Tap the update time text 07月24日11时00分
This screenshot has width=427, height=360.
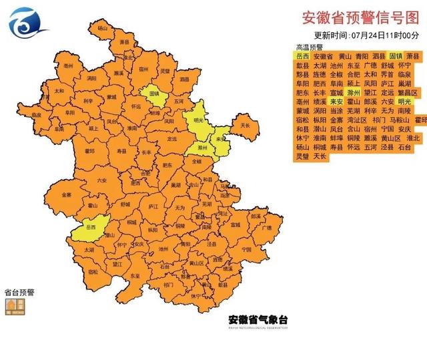(x=386, y=35)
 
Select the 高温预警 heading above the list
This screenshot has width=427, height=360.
(x=309, y=47)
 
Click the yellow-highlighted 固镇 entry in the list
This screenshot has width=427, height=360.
(x=396, y=57)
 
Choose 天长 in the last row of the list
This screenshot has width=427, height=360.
(x=320, y=156)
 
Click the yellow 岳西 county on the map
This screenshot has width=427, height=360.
(x=92, y=228)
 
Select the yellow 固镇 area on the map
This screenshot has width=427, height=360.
(x=155, y=94)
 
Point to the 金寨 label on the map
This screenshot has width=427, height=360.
(x=65, y=194)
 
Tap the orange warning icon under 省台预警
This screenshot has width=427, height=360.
(x=15, y=305)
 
